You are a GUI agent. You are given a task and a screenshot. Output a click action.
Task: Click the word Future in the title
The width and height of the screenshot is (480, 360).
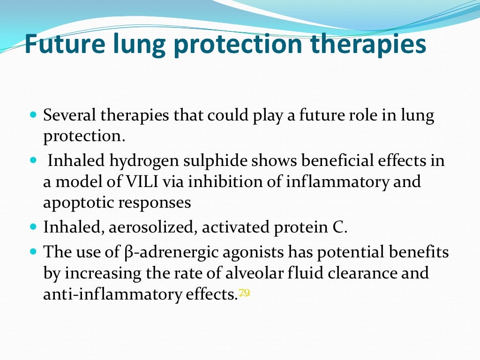point(66,44)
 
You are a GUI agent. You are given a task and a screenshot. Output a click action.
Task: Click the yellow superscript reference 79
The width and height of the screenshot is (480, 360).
point(244,292)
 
